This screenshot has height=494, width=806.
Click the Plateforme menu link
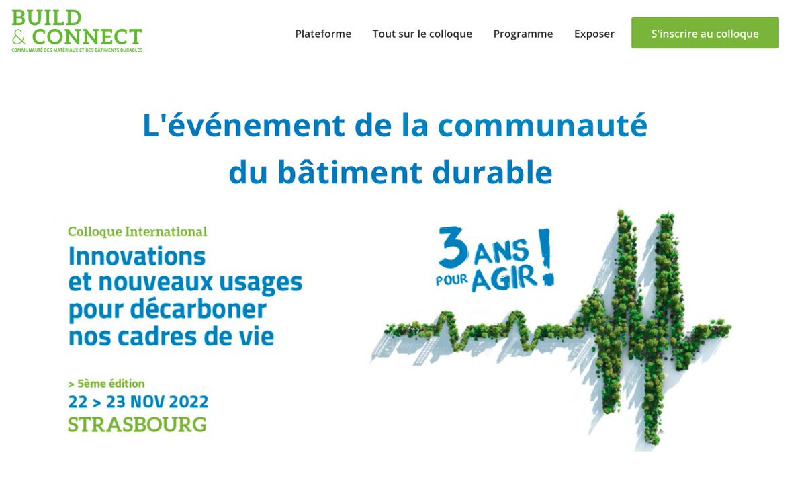pos(323,34)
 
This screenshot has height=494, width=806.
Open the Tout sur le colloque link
pos(422,34)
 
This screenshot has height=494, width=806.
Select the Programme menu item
pos(523,34)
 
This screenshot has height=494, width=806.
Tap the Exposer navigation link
pos(594,34)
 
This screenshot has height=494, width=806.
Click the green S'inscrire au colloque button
pos(705,34)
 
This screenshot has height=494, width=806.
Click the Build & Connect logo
pos(77,31)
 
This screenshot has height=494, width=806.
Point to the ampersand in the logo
pos(19,36)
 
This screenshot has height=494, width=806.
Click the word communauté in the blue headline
pos(542,125)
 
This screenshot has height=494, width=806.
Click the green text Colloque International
pos(137,231)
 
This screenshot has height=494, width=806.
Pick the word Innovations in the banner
pos(136,256)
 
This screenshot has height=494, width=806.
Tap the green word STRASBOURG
pos(137,425)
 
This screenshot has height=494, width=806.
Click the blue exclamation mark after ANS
pos(546,259)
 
